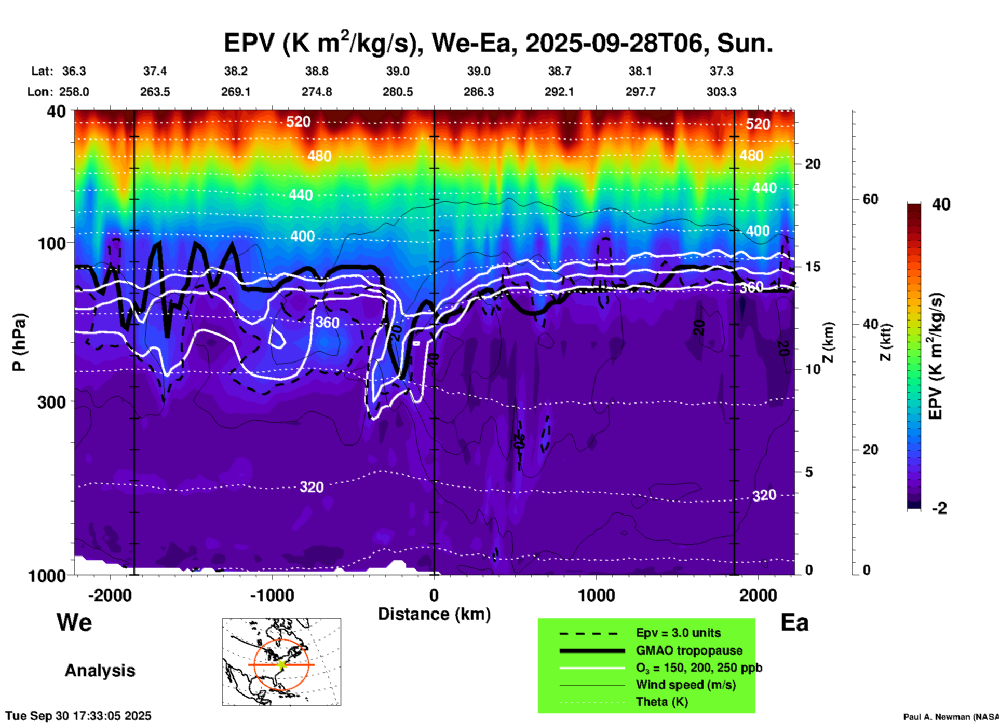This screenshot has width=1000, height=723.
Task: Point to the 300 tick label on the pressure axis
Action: (51, 402)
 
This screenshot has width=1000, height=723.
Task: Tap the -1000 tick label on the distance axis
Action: (272, 595)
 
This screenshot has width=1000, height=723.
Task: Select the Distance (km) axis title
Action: (434, 614)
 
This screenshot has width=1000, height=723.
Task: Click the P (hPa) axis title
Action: (19, 342)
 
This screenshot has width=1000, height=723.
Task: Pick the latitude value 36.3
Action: (74, 71)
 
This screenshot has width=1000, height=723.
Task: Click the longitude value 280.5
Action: (398, 92)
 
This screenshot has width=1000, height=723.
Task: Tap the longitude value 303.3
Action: (721, 92)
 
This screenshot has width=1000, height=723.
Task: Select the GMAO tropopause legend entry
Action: (689, 650)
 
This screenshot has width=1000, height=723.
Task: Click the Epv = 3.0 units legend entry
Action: (678, 633)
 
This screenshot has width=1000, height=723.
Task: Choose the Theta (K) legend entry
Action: (661, 702)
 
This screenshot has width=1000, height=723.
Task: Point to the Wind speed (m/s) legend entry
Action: (685, 685)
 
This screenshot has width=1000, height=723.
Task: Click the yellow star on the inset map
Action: (281, 664)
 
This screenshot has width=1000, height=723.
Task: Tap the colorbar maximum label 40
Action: (941, 204)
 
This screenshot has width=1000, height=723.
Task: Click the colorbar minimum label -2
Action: (939, 508)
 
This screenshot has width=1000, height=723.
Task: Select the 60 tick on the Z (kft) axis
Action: (870, 199)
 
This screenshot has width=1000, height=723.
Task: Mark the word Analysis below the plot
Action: (100, 671)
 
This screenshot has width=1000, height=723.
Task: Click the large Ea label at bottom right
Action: (794, 622)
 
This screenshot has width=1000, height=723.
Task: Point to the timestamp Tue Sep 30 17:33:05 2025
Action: (78, 716)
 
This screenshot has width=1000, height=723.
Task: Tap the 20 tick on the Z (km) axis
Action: (813, 164)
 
